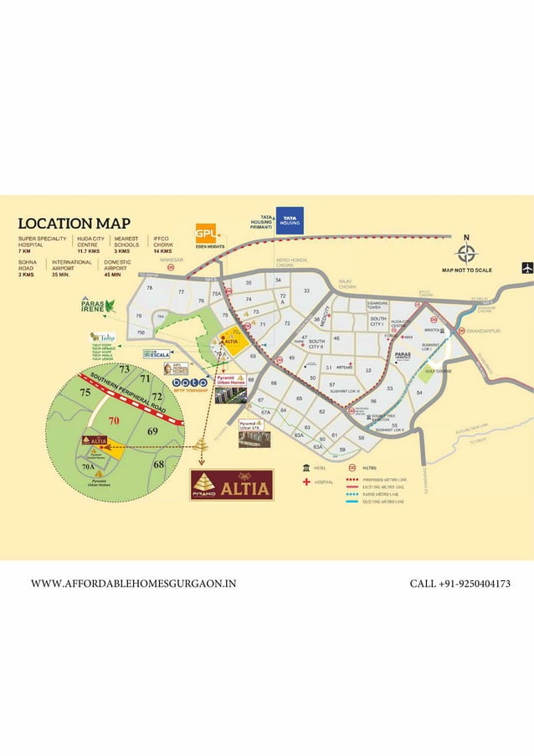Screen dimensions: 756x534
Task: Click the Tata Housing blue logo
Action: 290,219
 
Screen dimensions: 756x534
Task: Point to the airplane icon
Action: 526,268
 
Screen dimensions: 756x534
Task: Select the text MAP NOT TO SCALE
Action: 467,270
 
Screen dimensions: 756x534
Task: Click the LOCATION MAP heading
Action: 74,224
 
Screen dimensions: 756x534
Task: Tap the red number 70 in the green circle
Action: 114,420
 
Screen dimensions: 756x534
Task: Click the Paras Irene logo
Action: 97,304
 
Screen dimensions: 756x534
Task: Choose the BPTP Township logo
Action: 189,384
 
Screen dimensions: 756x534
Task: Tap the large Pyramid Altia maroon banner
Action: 232,486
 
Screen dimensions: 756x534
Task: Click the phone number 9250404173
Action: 460,584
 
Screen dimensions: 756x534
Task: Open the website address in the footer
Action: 133,584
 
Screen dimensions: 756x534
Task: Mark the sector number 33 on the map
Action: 307,291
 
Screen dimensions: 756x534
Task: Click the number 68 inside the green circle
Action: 159,464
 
